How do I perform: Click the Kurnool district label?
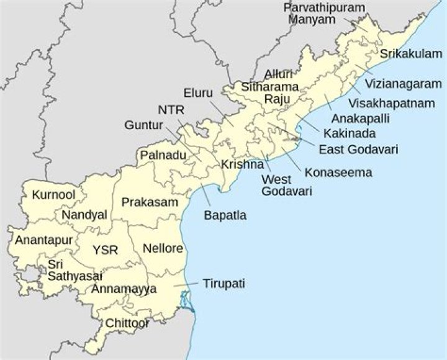tap(54, 195)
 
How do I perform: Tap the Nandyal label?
tap(84, 215)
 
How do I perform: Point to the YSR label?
tap(105, 250)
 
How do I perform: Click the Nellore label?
tap(163, 248)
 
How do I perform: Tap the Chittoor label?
tap(127, 323)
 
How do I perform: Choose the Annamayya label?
tap(124, 289)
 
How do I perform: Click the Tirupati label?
tap(223, 284)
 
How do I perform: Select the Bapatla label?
tap(225, 216)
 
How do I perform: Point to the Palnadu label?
tap(163, 155)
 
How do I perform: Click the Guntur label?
tap(143, 125)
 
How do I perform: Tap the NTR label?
tap(171, 110)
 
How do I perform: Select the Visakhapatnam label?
tap(391, 103)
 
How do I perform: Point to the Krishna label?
tap(239, 165)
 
